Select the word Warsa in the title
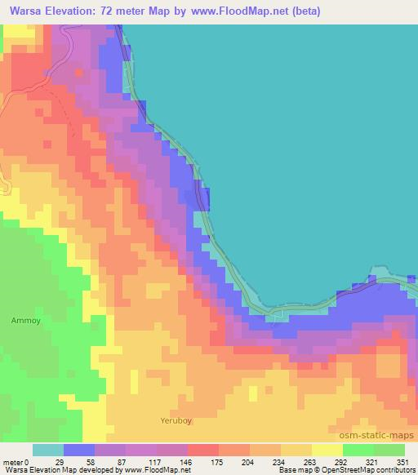(27, 11)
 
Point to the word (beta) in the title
(303, 11)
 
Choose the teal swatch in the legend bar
(47, 450)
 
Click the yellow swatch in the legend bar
(327, 450)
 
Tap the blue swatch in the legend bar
(79, 450)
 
